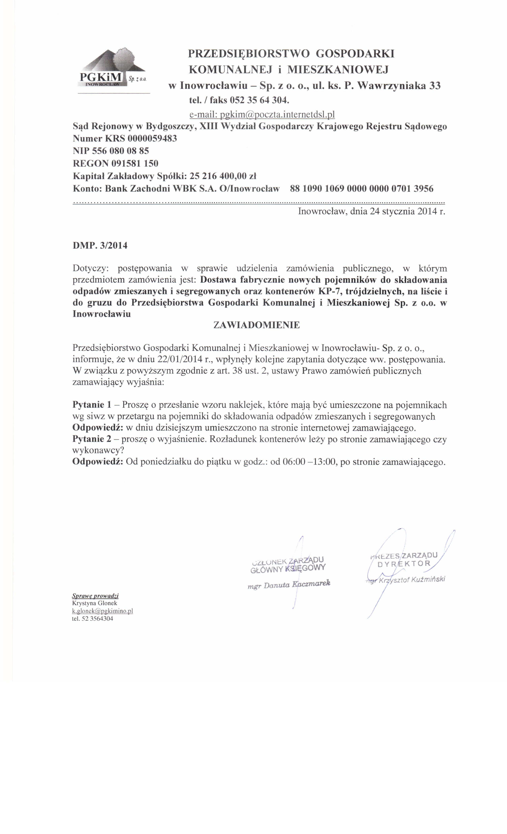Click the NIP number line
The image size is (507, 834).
tap(111, 151)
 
